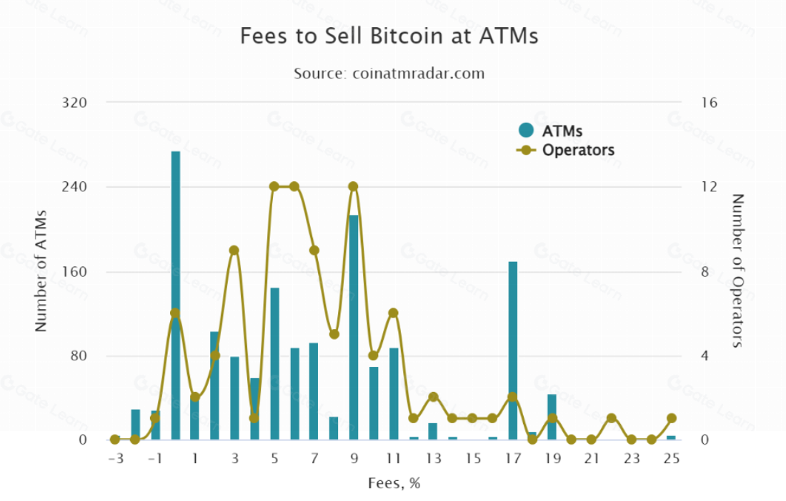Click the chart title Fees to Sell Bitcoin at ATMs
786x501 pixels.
[389, 36]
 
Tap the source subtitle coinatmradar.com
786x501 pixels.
[389, 73]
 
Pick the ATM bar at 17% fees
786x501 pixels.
[512, 350]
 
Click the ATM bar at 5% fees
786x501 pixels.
[274, 363]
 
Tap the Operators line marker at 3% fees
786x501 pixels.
[234, 250]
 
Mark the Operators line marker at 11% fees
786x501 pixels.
[393, 313]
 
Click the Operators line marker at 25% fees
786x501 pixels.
[671, 418]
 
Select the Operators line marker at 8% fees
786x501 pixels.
[334, 334]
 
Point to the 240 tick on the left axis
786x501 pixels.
[74, 187]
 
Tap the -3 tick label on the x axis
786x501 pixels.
[115, 458]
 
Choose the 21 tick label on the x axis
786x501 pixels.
[591, 458]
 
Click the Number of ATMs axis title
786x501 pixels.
[41, 271]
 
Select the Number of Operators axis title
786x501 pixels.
[738, 271]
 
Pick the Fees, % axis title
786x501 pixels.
[394, 483]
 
